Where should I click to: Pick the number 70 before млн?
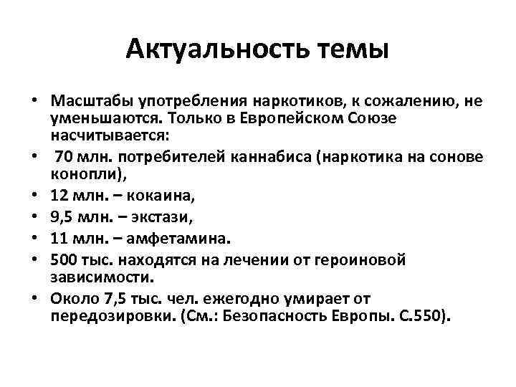click(x=64, y=157)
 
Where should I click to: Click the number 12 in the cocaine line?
click(x=60, y=195)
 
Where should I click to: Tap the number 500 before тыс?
click(x=65, y=258)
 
